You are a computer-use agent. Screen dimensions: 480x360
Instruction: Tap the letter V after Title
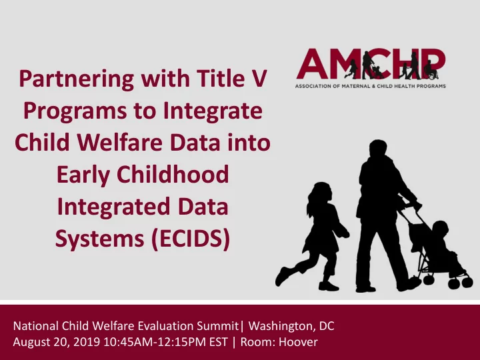(260, 79)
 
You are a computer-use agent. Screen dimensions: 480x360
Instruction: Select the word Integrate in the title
(213, 111)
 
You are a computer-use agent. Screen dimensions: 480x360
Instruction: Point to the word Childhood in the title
(173, 174)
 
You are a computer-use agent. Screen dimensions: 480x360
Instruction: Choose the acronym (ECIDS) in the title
(191, 238)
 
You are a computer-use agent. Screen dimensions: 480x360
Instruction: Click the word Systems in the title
(100, 239)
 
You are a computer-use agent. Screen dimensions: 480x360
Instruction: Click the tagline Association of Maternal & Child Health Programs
(371, 86)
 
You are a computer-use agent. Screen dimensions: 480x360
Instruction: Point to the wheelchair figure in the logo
(431, 70)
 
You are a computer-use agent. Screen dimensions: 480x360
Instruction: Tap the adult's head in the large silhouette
(378, 149)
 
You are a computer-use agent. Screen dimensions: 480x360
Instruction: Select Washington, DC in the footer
(291, 326)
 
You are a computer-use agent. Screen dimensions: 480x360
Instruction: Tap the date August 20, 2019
(57, 342)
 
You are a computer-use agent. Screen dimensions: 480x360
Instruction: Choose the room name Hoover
(298, 342)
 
